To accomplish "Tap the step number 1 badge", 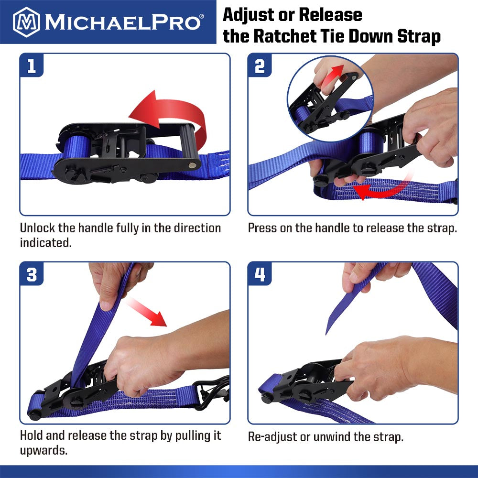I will (x=32, y=66).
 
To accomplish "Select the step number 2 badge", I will (x=260, y=66).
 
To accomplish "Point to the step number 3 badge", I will (x=32, y=275).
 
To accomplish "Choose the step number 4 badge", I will (x=260, y=275).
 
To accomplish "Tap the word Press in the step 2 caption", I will (x=262, y=228).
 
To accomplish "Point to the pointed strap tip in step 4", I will (x=329, y=330).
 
